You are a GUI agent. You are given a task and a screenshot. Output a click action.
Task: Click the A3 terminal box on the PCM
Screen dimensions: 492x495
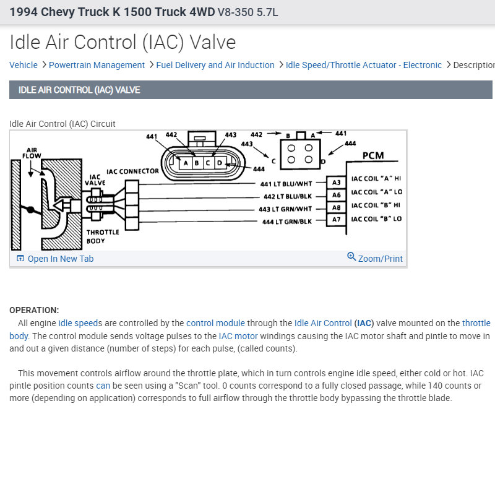point(337,183)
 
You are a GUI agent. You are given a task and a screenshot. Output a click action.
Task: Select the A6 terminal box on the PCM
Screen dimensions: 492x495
point(337,195)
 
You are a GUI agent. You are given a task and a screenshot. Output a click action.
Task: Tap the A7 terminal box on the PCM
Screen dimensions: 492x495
point(337,219)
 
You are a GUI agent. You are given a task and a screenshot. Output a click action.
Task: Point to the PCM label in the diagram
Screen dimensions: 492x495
point(373,155)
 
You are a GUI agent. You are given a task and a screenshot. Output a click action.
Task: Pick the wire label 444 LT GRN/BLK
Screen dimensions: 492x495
point(286,222)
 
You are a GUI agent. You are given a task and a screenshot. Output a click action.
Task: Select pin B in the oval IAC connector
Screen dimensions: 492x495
point(196,163)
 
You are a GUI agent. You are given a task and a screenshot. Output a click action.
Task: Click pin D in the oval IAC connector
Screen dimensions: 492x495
point(218,163)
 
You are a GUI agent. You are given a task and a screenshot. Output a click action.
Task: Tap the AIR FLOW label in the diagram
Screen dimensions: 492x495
point(32,153)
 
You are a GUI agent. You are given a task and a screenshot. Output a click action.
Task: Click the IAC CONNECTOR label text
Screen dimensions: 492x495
point(132,171)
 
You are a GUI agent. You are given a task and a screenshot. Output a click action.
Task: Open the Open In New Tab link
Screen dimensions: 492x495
point(60,259)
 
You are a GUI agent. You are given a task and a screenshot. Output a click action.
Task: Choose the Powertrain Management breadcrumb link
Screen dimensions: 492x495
point(97,65)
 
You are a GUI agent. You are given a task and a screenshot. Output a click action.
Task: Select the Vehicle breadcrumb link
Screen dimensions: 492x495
point(24,65)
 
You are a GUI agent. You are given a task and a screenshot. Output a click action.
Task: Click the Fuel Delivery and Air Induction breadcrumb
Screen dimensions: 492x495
point(215,65)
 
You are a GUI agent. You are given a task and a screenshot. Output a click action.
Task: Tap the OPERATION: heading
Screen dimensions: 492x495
point(34,310)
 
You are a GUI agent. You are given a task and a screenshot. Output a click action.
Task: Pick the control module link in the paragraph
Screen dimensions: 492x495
point(215,323)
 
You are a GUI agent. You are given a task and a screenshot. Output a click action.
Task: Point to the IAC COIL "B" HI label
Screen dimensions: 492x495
point(376,205)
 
